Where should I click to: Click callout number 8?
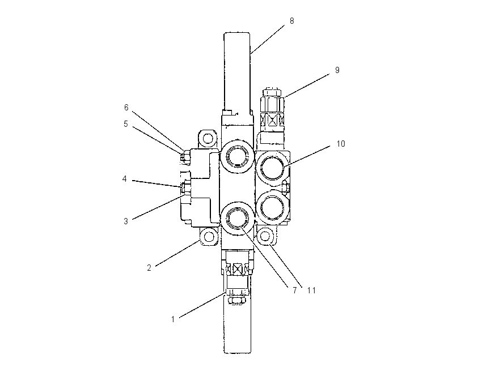pyautogui.click(x=291, y=21)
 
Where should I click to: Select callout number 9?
pyautogui.click(x=337, y=70)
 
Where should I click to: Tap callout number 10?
pyautogui.click(x=341, y=144)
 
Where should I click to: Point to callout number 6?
pyautogui.click(x=126, y=108)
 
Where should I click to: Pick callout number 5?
pyautogui.click(x=126, y=124)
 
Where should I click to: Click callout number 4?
pyautogui.click(x=125, y=178)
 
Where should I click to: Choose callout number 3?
pyautogui.click(x=126, y=221)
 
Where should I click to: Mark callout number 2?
pyautogui.click(x=149, y=268)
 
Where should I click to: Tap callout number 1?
pyautogui.click(x=173, y=319)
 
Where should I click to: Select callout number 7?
pyautogui.click(x=295, y=290)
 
